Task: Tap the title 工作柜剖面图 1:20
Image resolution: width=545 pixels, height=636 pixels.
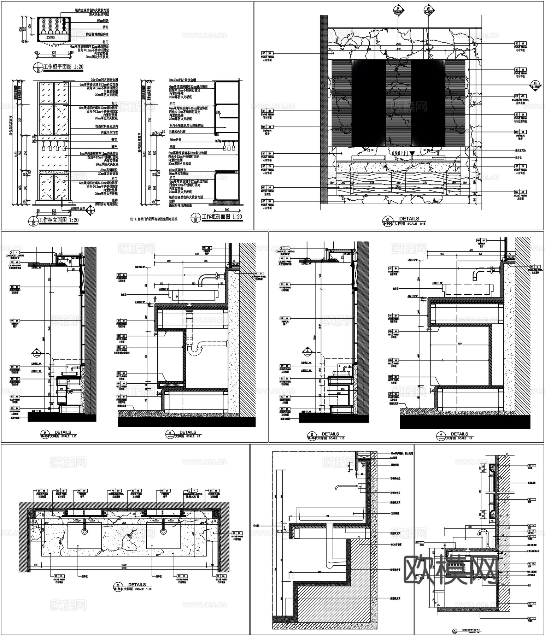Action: tap(222, 217)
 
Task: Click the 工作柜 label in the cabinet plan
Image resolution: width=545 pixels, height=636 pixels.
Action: tap(51, 37)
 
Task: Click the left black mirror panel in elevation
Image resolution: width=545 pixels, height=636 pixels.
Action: tap(369, 102)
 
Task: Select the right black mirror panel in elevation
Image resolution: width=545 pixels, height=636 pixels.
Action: tap(428, 102)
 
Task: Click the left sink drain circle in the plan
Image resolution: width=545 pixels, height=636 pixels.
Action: tap(84, 531)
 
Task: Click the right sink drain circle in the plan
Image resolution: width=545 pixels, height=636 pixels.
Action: tap(163, 531)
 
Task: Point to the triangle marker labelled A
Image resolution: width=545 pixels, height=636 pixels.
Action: tap(36, 352)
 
